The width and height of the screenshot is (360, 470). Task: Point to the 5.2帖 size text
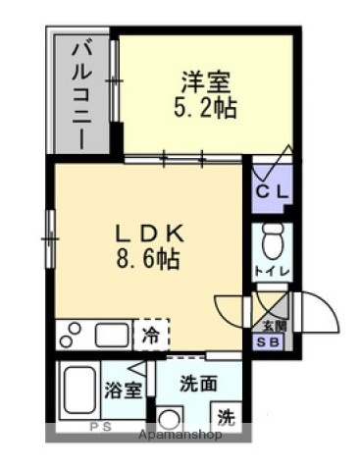tap(204, 106)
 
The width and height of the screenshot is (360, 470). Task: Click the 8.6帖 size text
tap(146, 261)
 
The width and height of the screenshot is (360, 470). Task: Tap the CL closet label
tap(271, 192)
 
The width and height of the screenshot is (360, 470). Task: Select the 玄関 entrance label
tap(273, 325)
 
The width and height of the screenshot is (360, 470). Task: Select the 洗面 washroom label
tap(200, 383)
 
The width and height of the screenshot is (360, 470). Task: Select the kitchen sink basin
tap(109, 334)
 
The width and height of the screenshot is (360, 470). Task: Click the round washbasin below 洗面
tap(169, 418)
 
